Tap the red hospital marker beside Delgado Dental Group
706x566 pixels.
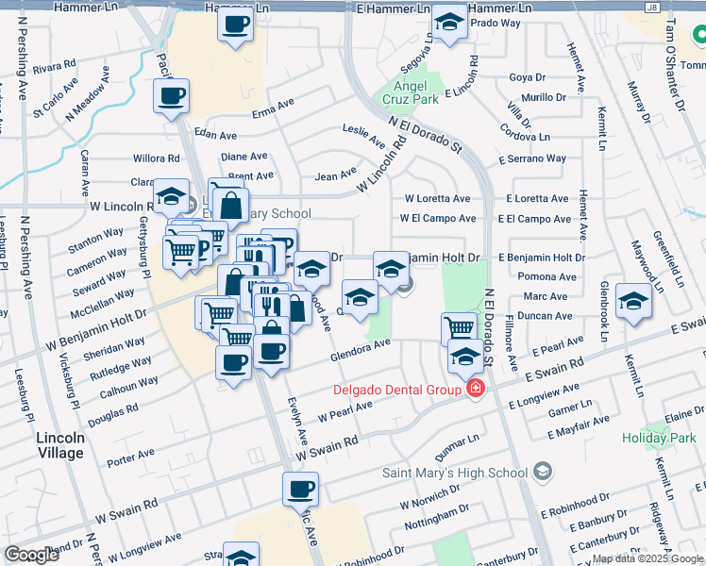(x=476, y=389)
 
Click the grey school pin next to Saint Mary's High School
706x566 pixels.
(x=542, y=471)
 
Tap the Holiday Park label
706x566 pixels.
(x=658, y=437)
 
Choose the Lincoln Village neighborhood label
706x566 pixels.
(x=60, y=445)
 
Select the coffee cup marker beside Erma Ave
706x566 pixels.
(x=172, y=95)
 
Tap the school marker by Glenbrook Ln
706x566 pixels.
(x=632, y=300)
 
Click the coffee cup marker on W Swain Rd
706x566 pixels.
(x=300, y=490)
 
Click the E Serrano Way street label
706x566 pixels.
(x=536, y=159)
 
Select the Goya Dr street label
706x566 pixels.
(x=527, y=78)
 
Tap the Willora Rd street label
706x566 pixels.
(x=157, y=158)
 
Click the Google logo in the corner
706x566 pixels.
(x=31, y=555)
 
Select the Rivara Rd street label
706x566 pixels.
(x=54, y=68)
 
